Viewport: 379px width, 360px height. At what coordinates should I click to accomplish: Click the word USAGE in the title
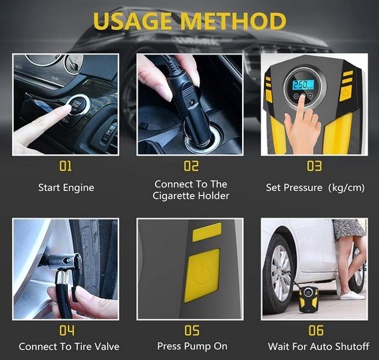click(x=132, y=21)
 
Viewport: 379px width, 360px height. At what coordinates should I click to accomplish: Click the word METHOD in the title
click(x=233, y=21)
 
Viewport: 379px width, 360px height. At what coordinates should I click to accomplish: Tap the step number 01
click(x=66, y=166)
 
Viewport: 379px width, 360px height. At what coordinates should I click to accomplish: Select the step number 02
click(x=191, y=166)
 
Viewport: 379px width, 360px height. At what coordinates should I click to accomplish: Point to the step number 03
click(x=315, y=166)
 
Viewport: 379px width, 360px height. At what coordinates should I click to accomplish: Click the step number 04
click(x=66, y=330)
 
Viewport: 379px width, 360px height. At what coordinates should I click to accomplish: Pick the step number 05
click(x=192, y=330)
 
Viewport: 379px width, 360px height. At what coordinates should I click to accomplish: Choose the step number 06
click(x=316, y=330)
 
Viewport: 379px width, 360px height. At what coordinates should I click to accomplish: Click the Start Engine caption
click(x=66, y=188)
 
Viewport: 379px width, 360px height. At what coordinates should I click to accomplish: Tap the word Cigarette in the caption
click(x=174, y=196)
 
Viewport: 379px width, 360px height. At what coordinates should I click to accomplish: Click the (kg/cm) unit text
click(x=346, y=188)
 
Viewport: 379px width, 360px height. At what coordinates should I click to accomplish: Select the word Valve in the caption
click(x=107, y=347)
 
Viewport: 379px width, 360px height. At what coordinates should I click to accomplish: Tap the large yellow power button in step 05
click(x=202, y=275)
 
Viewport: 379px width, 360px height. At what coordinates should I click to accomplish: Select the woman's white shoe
click(x=352, y=295)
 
